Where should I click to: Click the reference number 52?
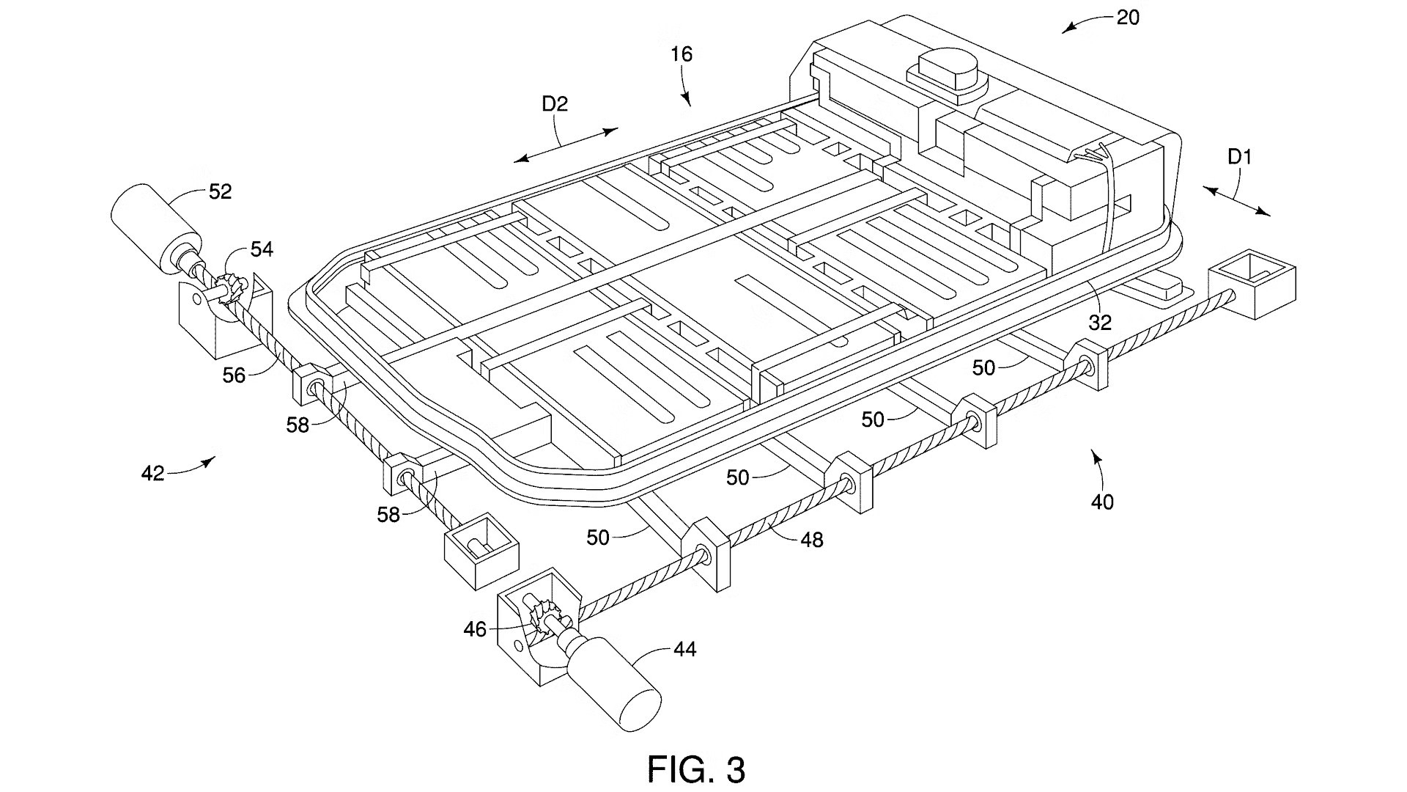click(220, 192)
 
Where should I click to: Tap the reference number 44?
click(684, 650)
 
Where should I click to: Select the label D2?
click(555, 105)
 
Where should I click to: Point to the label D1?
click(1240, 157)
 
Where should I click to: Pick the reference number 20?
click(1128, 18)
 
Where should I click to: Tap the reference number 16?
click(681, 54)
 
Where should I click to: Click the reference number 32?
click(1100, 322)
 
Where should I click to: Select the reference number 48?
click(811, 540)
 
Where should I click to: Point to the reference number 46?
click(475, 629)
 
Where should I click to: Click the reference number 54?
click(262, 250)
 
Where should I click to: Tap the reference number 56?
click(234, 375)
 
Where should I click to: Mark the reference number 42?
click(152, 474)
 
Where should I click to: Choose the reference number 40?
click(1102, 502)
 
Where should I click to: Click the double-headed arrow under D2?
click(565, 145)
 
